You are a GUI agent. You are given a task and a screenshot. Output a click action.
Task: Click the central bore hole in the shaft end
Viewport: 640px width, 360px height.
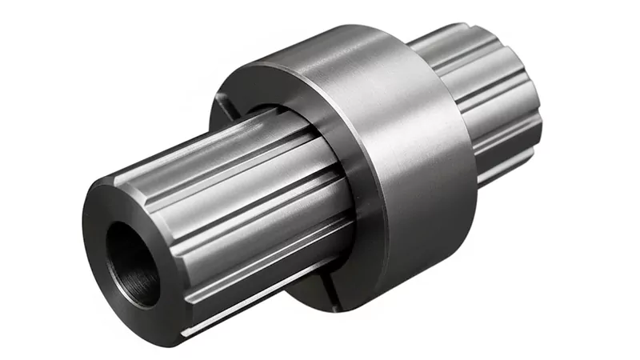[132, 254]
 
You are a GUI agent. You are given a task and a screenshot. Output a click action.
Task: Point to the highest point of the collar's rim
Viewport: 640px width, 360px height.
[320, 36]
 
